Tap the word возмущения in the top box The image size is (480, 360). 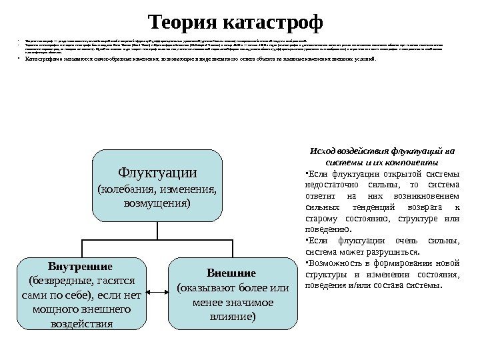tap(157, 202)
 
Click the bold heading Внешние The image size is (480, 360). tap(232, 274)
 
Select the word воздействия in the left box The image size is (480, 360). tap(83, 325)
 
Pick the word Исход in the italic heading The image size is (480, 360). tap(325, 150)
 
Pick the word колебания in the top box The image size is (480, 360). tap(127, 189)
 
